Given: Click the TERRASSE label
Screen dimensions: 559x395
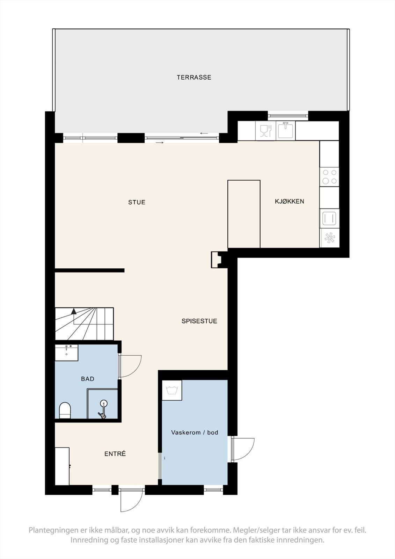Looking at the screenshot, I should (194, 77).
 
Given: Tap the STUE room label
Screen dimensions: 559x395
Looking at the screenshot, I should (137, 202).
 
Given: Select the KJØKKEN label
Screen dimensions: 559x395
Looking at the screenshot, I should (289, 201).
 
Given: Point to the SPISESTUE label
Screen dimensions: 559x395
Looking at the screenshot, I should (199, 321).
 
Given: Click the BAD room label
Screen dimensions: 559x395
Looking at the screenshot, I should (87, 379).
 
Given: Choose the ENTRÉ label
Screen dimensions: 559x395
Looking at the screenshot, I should (115, 454).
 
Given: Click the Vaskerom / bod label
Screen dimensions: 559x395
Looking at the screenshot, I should (195, 433).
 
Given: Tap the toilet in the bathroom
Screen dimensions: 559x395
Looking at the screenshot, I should (65, 410).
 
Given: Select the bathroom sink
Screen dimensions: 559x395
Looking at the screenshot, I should (66, 351).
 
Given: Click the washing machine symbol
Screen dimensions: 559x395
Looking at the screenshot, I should (172, 390).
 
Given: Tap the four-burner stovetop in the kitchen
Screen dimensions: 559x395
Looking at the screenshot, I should (329, 177).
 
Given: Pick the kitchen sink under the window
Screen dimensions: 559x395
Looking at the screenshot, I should (286, 130).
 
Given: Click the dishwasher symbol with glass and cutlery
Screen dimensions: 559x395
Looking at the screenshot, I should (266, 131).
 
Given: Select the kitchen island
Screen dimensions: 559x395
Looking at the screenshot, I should (244, 214).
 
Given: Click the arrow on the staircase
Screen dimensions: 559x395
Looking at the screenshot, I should (73, 311).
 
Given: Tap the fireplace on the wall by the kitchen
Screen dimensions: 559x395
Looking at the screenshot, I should (216, 260).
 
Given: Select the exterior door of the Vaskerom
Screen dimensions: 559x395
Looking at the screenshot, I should (242, 449).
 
